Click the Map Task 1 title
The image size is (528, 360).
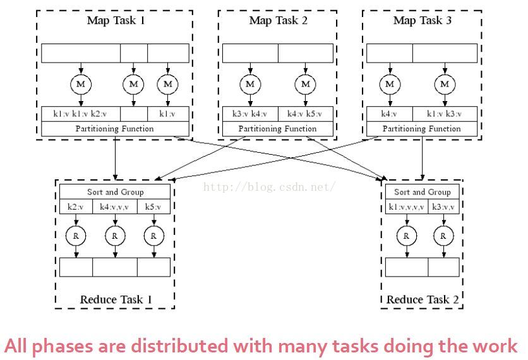(115, 20)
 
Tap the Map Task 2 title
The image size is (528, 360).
(279, 20)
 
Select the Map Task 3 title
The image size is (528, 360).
(423, 20)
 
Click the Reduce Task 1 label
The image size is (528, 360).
(116, 299)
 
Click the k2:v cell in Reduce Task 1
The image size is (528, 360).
(76, 207)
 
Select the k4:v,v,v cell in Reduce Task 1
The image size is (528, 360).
(115, 207)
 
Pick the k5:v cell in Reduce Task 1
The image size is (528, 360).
(153, 207)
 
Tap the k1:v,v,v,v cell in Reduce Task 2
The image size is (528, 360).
(407, 207)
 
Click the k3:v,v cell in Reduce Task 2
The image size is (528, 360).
(444, 207)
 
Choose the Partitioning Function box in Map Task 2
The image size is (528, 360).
(278, 129)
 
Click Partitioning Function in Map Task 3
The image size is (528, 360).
(422, 129)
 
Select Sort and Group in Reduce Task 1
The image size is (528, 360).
(115, 192)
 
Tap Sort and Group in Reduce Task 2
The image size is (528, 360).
(423, 192)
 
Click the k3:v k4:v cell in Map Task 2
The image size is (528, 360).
(250, 114)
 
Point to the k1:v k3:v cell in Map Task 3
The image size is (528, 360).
(445, 114)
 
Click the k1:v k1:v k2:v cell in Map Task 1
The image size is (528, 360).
(80, 114)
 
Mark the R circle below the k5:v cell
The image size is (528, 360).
(153, 236)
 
